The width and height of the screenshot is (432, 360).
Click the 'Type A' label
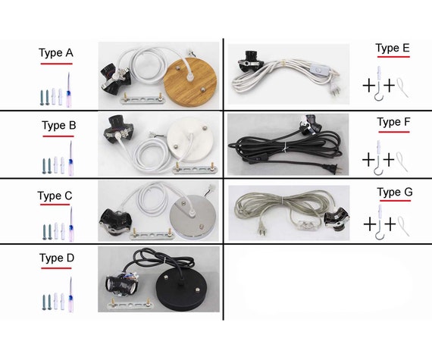tap(56, 53)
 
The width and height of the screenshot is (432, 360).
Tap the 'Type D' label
tap(57, 258)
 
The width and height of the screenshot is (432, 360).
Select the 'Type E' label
tap(393, 49)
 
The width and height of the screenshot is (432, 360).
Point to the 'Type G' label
tap(395, 192)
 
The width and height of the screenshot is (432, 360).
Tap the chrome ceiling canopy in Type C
tap(194, 216)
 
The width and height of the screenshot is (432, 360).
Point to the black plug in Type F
tap(333, 168)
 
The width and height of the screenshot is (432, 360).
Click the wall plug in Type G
tap(261, 230)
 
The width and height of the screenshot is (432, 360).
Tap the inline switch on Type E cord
tap(320, 70)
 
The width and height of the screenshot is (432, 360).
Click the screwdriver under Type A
tap(69, 89)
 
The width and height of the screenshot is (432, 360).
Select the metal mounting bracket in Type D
tap(130, 304)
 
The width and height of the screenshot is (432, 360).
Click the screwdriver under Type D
tap(70, 295)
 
